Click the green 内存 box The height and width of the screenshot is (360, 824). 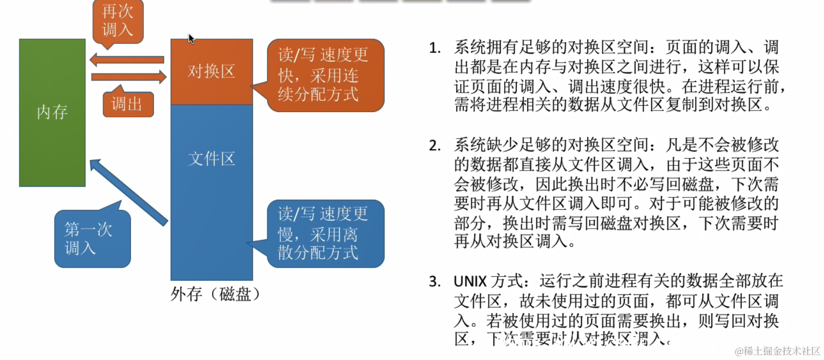[52, 113]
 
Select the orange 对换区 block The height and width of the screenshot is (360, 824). [212, 72]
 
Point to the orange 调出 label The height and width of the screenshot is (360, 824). [128, 104]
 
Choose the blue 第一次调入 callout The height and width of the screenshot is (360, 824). [91, 238]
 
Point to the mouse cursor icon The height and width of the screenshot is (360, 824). [191, 39]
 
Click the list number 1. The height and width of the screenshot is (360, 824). [434, 48]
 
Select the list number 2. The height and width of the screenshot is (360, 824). [434, 145]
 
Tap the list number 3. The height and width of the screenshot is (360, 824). [434, 282]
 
